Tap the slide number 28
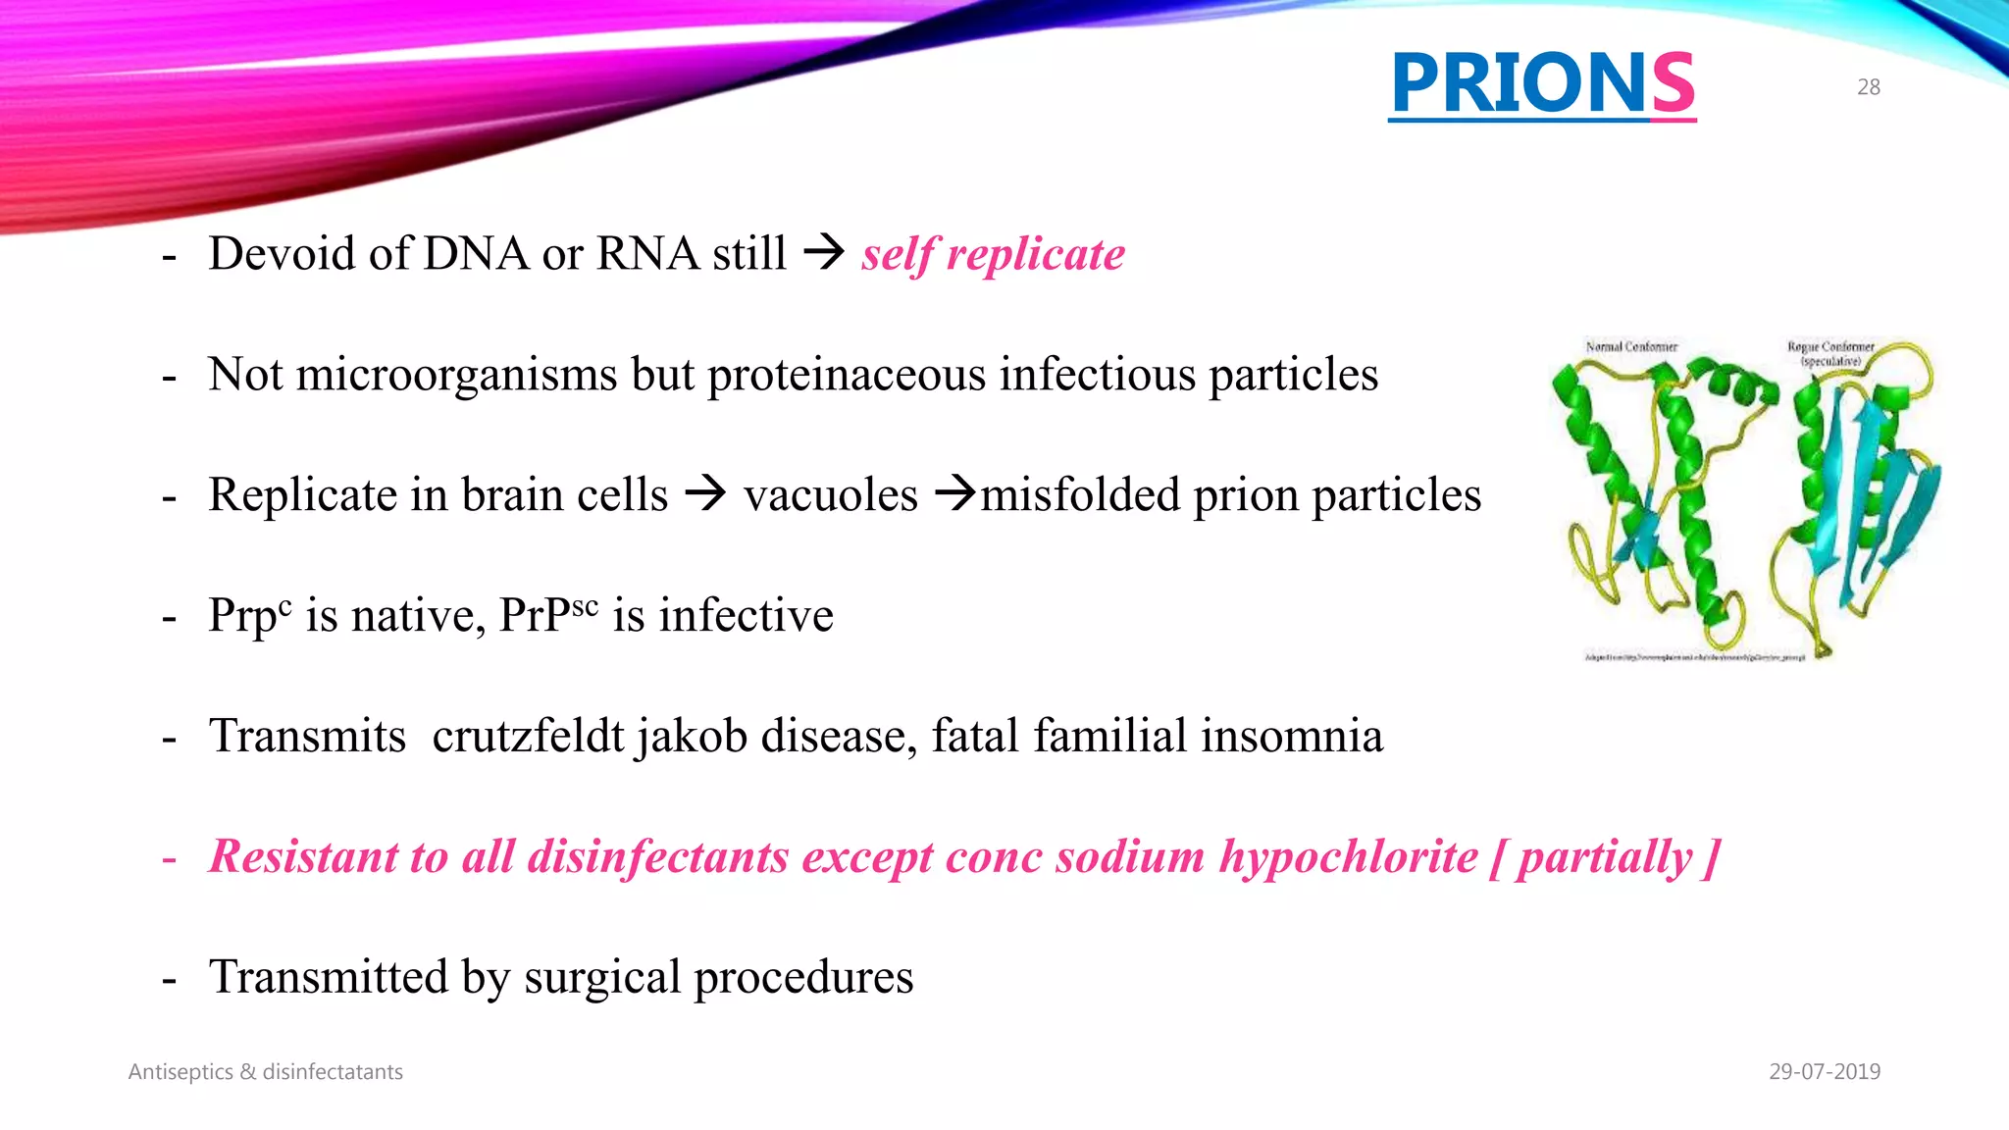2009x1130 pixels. click(1868, 87)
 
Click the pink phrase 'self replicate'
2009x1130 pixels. click(993, 254)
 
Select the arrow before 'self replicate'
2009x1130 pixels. click(824, 253)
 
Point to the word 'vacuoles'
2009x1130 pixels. click(830, 494)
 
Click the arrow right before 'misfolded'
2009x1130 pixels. click(955, 493)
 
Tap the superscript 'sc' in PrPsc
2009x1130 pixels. click(585, 605)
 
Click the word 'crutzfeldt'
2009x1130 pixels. click(528, 736)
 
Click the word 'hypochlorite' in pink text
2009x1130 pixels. click(1348, 856)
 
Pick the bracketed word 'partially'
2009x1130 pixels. click(1605, 856)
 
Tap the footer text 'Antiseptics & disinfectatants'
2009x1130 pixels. click(265, 1072)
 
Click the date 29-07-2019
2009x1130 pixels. click(1824, 1072)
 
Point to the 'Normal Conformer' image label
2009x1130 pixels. click(1631, 346)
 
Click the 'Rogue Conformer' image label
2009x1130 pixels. click(1829, 347)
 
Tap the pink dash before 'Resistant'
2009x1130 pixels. click(170, 858)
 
